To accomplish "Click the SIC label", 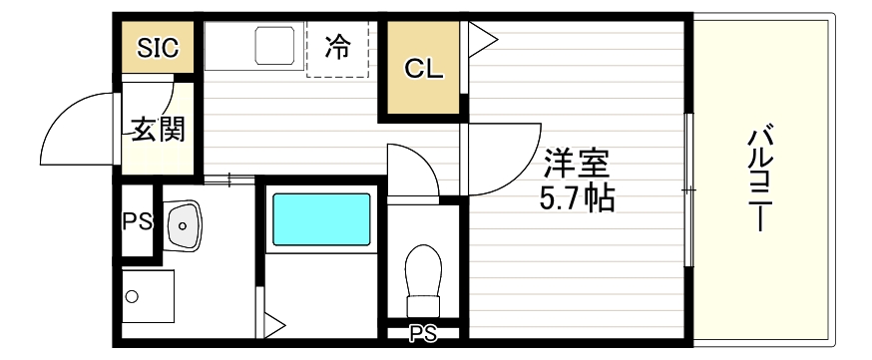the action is (158, 48).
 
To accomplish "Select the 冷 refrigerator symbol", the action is (339, 46).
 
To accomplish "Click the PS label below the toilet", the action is (422, 334).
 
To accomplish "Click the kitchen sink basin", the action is (272, 46).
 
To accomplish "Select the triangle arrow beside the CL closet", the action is (481, 41).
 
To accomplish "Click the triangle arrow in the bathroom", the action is (273, 325).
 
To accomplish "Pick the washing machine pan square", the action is (148, 296).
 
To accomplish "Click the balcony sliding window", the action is (687, 189).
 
